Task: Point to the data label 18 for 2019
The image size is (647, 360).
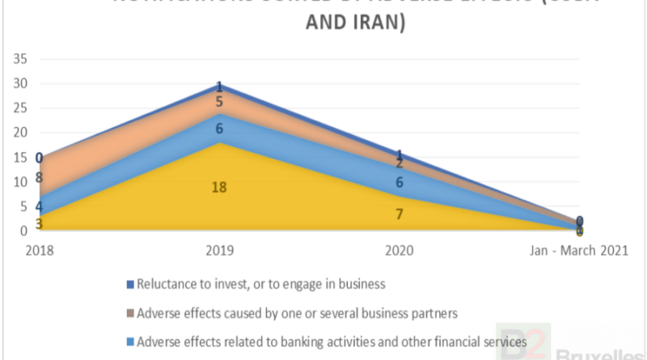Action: click(219, 188)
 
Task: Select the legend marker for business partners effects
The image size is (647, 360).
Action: click(130, 313)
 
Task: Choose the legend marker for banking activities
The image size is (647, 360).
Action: click(130, 343)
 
